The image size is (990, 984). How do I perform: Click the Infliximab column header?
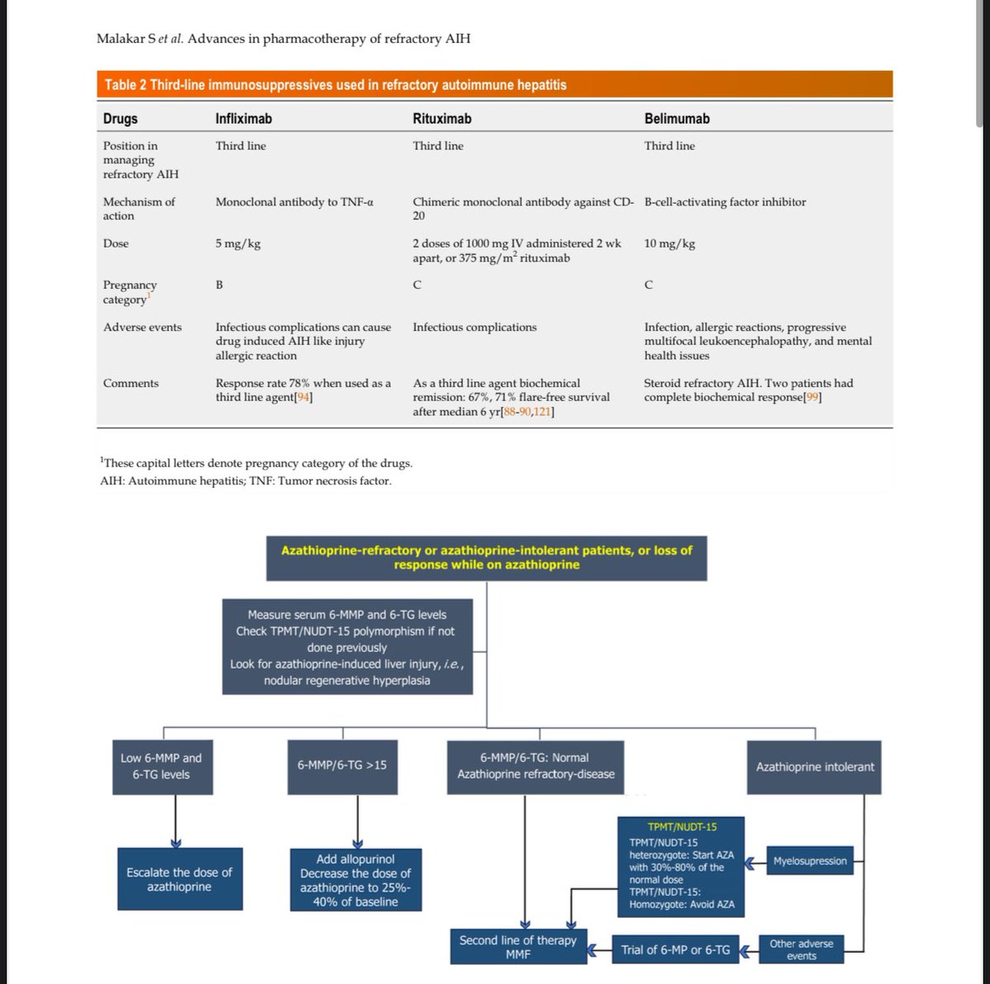[243, 119]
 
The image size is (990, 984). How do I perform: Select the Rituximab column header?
[442, 119]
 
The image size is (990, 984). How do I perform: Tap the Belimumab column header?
[676, 119]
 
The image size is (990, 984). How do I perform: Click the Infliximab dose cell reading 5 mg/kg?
[238, 244]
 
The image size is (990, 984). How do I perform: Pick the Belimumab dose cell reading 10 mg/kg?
[669, 244]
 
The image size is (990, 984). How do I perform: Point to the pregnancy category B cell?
[219, 285]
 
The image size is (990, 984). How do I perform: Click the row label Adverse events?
[142, 328]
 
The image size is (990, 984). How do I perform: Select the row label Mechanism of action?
[139, 209]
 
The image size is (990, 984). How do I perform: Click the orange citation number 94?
[304, 397]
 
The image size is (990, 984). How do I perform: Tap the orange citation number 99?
[813, 397]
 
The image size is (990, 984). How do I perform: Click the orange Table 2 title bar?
[495, 84]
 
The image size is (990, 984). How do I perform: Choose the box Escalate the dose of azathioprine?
[179, 879]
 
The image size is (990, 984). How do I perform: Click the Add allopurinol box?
[355, 880]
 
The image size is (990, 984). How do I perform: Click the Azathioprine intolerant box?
[814, 767]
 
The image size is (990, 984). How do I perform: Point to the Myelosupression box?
[809, 861]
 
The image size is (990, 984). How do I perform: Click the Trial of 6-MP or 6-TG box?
[675, 950]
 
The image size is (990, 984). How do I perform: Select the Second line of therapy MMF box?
[517, 947]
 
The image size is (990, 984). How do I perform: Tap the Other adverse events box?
[801, 949]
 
